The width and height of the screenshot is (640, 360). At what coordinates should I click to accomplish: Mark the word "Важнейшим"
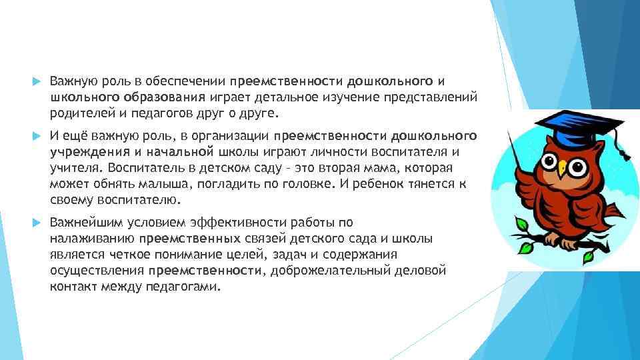(82, 223)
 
